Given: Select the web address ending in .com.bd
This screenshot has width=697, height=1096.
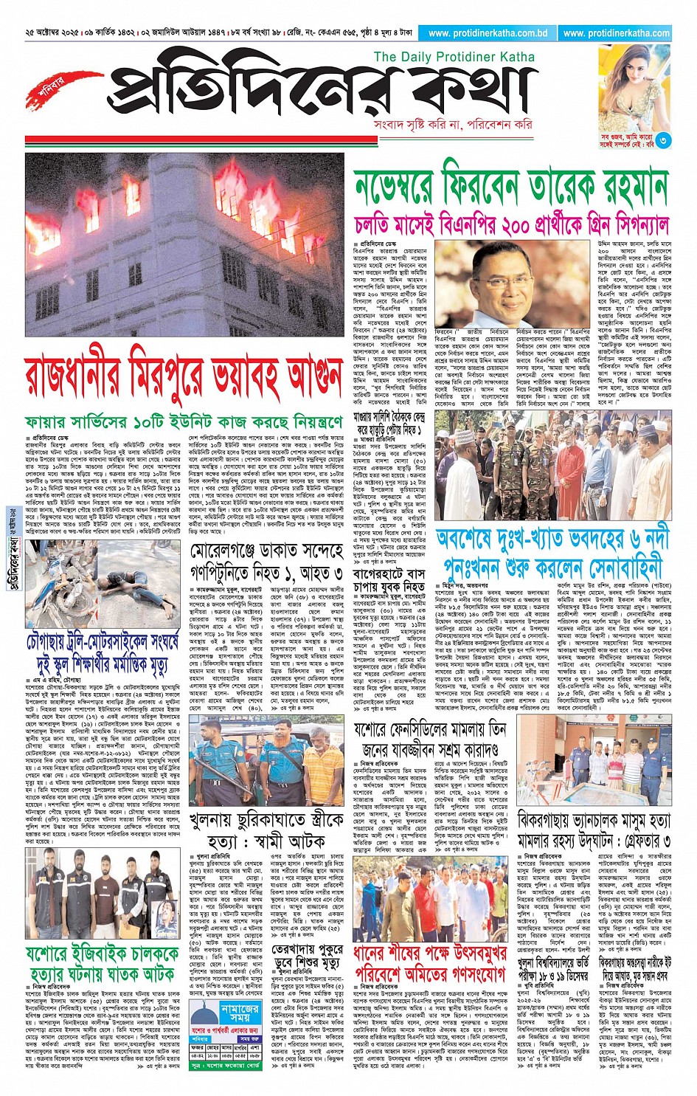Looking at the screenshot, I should pyautogui.click(x=488, y=33).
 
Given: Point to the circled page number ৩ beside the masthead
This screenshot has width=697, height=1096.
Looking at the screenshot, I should pyautogui.click(x=664, y=139).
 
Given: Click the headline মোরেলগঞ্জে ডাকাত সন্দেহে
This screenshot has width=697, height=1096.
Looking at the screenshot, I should pyautogui.click(x=267, y=552).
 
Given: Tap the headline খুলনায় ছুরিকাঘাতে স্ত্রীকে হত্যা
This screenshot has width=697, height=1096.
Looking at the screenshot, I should pyautogui.click(x=266, y=830).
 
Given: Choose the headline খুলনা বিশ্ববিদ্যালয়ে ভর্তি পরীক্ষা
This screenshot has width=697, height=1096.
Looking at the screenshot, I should pyautogui.click(x=553, y=969).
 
